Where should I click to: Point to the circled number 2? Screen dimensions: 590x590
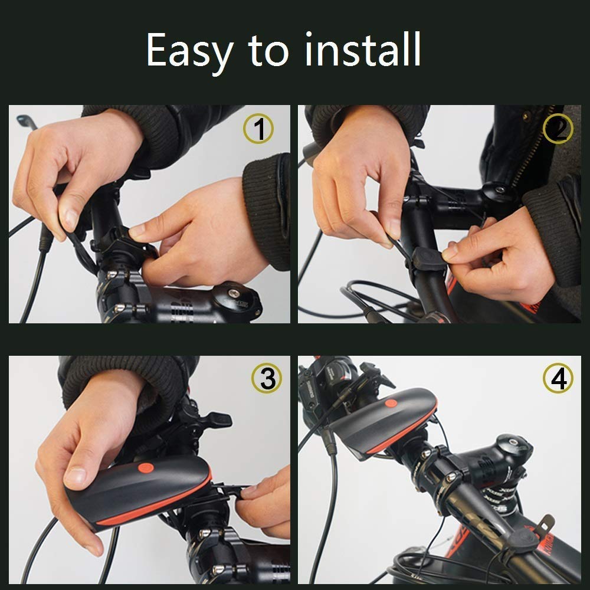(x=558, y=130)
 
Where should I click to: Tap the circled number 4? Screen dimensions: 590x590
(x=558, y=379)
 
